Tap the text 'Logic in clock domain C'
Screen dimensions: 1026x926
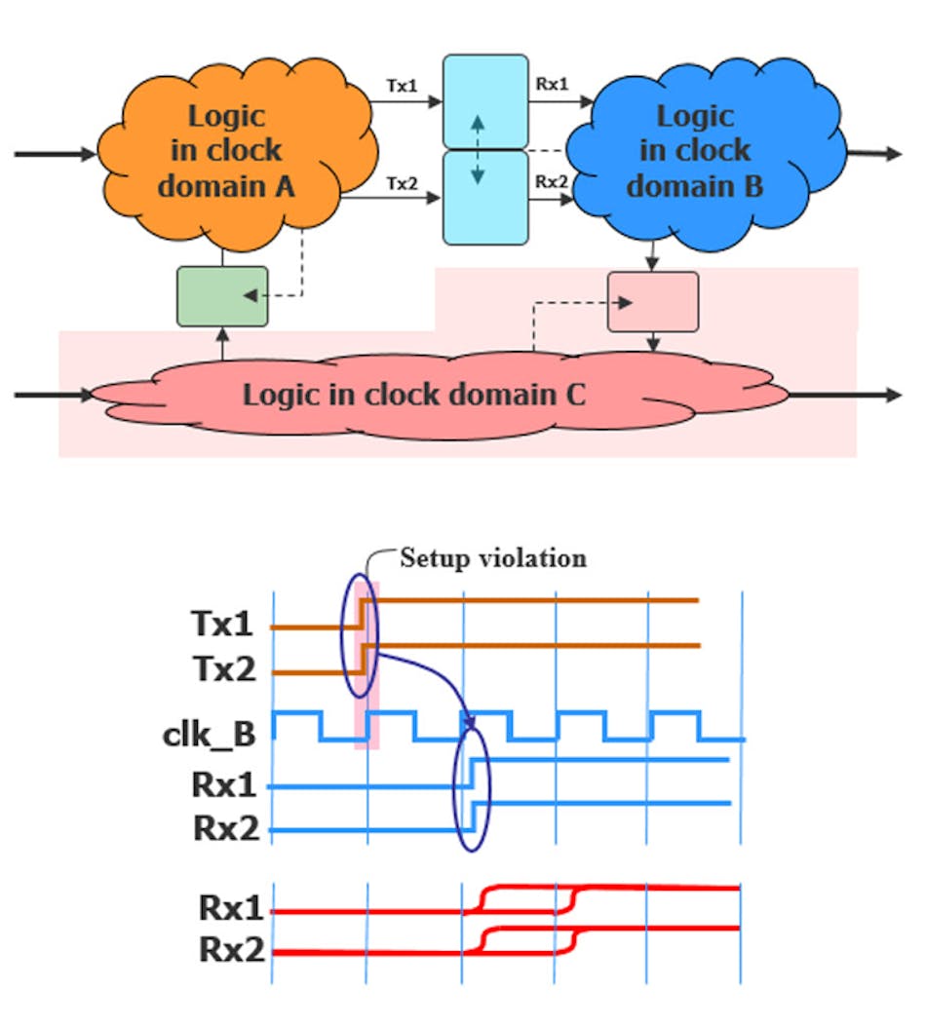[414, 396]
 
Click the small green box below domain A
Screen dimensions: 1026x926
[208, 295]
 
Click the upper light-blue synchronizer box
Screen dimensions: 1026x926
[485, 101]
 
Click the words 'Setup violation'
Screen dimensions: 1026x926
[493, 559]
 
